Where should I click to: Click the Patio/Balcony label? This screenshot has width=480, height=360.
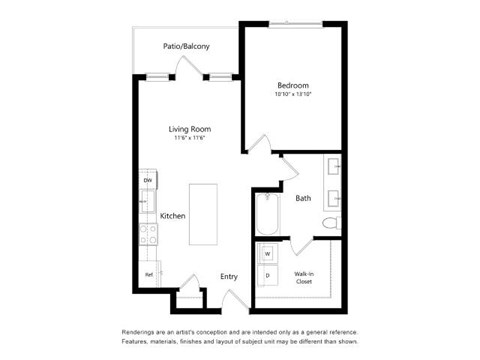pos(187,46)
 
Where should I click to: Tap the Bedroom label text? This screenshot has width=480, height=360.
pos(293,86)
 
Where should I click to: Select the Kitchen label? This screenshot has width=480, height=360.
pos(174,216)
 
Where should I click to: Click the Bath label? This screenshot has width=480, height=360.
pos(302,198)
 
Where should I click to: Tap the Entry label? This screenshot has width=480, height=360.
pos(229,276)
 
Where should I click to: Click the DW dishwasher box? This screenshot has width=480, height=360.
pos(148,180)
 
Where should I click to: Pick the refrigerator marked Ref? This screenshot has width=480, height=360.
pos(149,273)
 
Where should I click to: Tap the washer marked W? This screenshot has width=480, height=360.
pos(268,254)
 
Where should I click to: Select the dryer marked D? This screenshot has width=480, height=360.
pos(268,272)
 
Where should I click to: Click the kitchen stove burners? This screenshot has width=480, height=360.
pos(148,234)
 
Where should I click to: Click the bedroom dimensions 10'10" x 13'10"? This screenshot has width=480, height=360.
pos(293,95)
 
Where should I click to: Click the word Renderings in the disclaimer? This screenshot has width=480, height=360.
pos(143,331)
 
